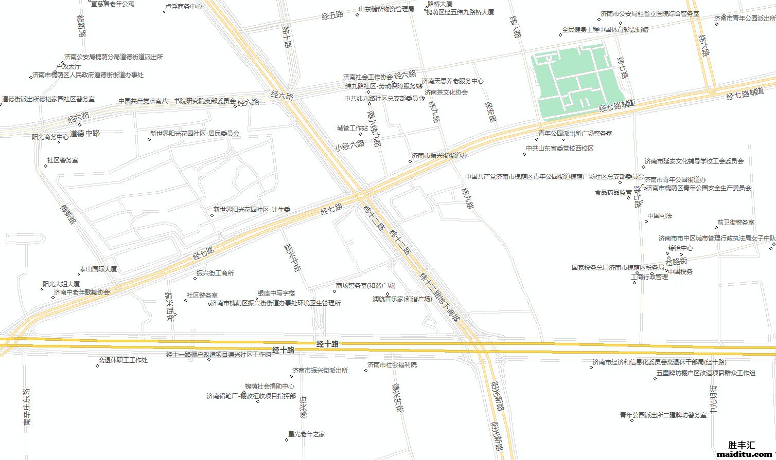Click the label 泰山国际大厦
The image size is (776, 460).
click(x=98, y=269)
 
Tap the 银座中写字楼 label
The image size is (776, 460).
click(x=276, y=293)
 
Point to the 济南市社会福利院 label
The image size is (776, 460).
click(x=392, y=365)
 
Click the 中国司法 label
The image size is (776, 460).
click(x=660, y=216)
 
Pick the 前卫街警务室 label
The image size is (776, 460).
click(x=735, y=223)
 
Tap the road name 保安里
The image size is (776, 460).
click(x=491, y=111)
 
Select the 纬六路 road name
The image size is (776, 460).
click(x=704, y=45)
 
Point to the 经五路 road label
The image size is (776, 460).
click(x=332, y=15)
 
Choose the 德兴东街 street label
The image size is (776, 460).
click(x=397, y=397)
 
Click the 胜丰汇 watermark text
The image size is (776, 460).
click(x=742, y=445)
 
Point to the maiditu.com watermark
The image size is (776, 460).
click(x=742, y=454)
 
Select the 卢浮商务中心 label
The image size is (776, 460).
click(x=183, y=7)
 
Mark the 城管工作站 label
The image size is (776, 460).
click(x=352, y=128)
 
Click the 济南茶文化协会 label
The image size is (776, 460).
click(x=446, y=93)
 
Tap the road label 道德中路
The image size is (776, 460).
click(x=85, y=133)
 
